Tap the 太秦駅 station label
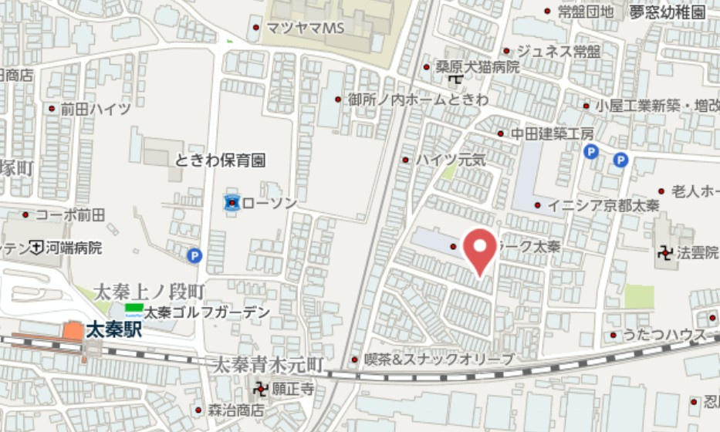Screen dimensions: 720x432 [x=114, y=330]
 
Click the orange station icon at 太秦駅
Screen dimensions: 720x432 [x=73, y=330]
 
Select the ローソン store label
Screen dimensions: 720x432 [x=269, y=203]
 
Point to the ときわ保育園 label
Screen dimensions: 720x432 [x=220, y=160]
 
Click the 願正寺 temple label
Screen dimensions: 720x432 [x=292, y=389]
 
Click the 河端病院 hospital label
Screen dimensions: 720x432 [x=73, y=248]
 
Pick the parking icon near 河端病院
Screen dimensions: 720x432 [x=194, y=255]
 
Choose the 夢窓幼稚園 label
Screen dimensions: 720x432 [x=668, y=12]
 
